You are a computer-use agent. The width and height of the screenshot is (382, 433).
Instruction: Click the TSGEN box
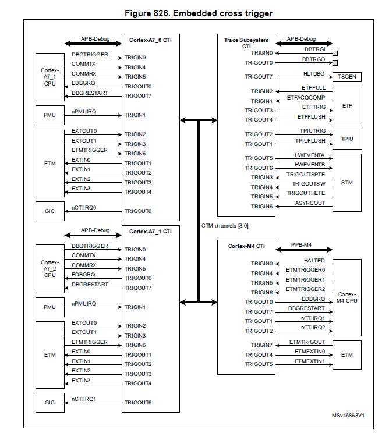click(347, 77)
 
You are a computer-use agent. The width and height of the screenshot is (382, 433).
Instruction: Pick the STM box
click(347, 182)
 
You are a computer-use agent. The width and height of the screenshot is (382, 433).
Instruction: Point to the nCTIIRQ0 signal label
click(84, 207)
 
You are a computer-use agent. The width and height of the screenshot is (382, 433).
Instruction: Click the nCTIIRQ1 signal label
click(84, 399)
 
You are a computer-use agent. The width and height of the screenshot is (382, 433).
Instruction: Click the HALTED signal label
click(314, 260)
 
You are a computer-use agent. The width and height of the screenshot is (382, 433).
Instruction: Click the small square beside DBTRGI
click(335, 53)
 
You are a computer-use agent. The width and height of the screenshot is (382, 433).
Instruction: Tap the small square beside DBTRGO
click(335, 62)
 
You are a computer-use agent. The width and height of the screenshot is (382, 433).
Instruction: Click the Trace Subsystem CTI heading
click(246, 43)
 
